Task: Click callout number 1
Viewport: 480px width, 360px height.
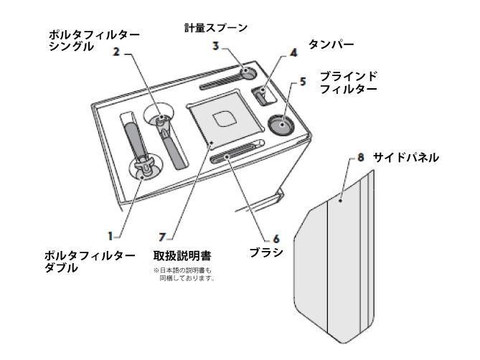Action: click(x=110, y=236)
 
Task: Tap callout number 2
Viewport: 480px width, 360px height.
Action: click(x=116, y=52)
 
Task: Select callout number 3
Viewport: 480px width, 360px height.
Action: click(x=216, y=46)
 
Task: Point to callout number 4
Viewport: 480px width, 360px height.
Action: click(x=293, y=53)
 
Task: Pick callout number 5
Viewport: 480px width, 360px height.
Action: click(x=303, y=81)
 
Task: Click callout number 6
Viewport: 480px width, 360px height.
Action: click(x=276, y=239)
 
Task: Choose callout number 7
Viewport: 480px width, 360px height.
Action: click(x=163, y=237)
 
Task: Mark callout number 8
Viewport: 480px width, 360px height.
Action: click(x=361, y=158)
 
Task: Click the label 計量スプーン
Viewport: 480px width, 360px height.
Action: click(x=216, y=28)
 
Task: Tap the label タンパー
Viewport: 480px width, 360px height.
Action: click(x=331, y=44)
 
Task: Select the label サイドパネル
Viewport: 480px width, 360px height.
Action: click(x=405, y=158)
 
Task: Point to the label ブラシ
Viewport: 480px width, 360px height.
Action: click(x=266, y=252)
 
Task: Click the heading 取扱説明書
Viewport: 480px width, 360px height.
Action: click(x=182, y=256)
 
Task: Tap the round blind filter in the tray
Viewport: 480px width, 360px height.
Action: click(x=282, y=124)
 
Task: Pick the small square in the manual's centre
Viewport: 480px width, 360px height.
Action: click(x=225, y=119)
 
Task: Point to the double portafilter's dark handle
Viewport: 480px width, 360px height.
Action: click(x=135, y=138)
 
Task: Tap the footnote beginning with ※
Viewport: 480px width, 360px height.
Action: click(x=184, y=275)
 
